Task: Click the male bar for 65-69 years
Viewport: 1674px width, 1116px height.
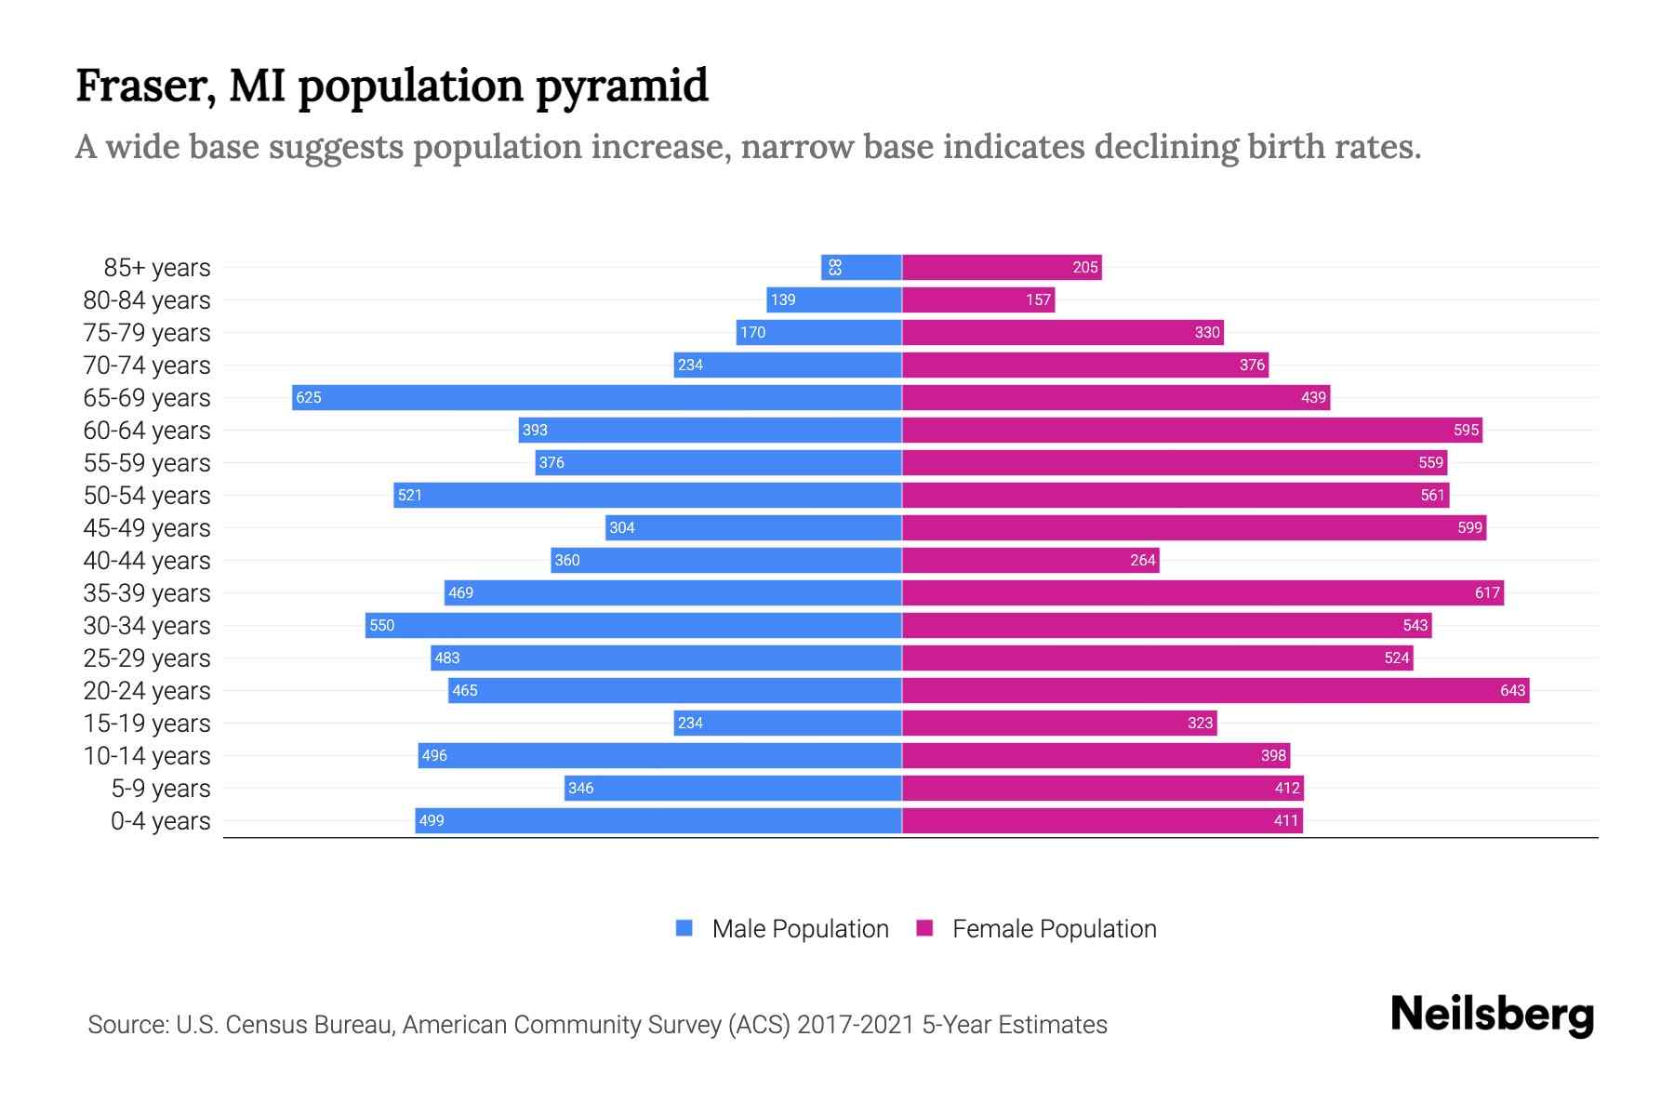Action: (x=597, y=397)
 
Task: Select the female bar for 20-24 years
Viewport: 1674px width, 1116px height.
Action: (x=1216, y=690)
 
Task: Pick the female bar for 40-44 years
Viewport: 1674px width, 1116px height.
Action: (x=1030, y=560)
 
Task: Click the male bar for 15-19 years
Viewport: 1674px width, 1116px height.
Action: (x=788, y=723)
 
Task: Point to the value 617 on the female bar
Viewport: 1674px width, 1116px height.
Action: (x=1487, y=592)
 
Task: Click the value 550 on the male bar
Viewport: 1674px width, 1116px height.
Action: (x=382, y=625)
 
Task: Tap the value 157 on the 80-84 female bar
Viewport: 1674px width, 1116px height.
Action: (x=1038, y=299)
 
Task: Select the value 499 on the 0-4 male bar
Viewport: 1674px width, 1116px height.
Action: (x=432, y=820)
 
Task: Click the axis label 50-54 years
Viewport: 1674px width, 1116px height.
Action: (x=147, y=495)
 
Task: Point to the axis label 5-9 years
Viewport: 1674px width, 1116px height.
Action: (x=160, y=788)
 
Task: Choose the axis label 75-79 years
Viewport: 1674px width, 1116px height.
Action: (x=147, y=332)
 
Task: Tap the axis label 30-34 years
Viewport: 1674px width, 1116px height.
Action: (x=147, y=625)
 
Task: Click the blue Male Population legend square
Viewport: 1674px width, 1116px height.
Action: (x=684, y=928)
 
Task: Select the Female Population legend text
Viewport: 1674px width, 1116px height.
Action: (x=1054, y=928)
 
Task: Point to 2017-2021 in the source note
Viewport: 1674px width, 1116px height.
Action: (x=855, y=1024)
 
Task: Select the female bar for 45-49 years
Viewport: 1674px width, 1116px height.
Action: (x=1194, y=527)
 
